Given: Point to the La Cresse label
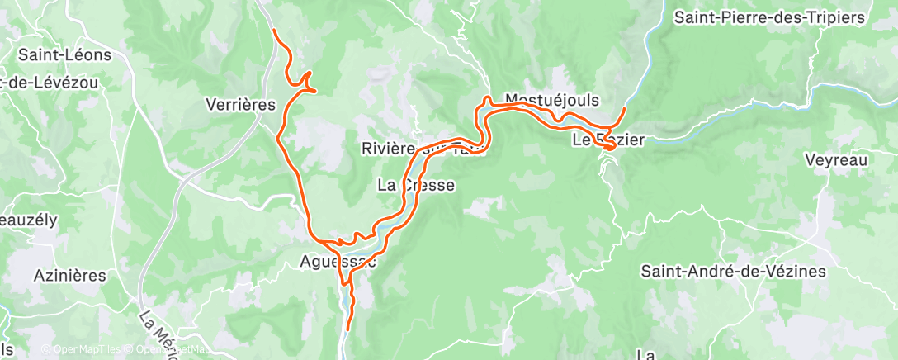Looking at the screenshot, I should tap(415, 186).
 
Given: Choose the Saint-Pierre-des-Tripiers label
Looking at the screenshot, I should tap(780, 17).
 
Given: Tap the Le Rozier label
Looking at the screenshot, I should tap(607, 141).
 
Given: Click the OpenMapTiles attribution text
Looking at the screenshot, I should tap(87, 349).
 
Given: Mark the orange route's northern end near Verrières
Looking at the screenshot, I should tap(273, 31).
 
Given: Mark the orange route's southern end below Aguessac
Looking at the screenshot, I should tap(347, 329).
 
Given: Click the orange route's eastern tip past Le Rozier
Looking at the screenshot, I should tap(625, 108).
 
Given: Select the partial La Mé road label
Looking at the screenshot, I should tap(154, 330).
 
